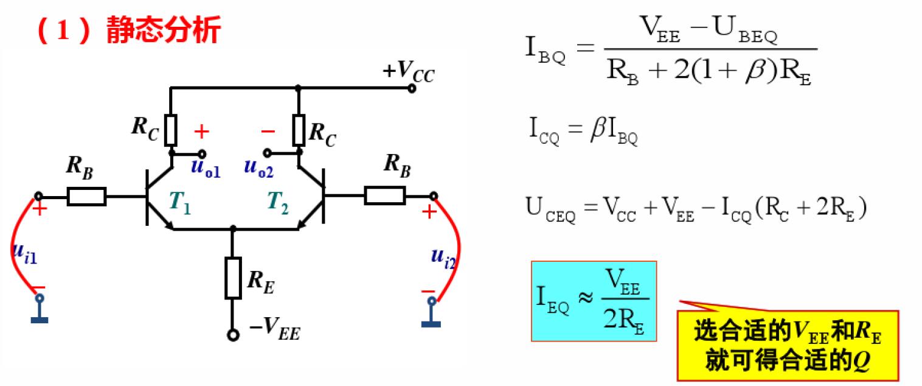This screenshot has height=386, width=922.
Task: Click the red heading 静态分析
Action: click(163, 30)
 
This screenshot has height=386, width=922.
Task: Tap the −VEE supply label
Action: click(274, 331)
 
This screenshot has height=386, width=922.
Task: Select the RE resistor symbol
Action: click(233, 278)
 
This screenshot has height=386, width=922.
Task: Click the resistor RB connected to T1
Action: click(86, 196)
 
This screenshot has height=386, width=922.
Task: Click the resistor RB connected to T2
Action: click(384, 195)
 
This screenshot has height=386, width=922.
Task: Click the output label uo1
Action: click(205, 169)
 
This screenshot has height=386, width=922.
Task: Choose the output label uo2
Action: click(259, 169)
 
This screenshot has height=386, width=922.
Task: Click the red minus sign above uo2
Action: click(268, 131)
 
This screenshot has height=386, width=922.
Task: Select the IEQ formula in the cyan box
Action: click(594, 301)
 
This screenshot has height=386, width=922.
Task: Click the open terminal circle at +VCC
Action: click(412, 88)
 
